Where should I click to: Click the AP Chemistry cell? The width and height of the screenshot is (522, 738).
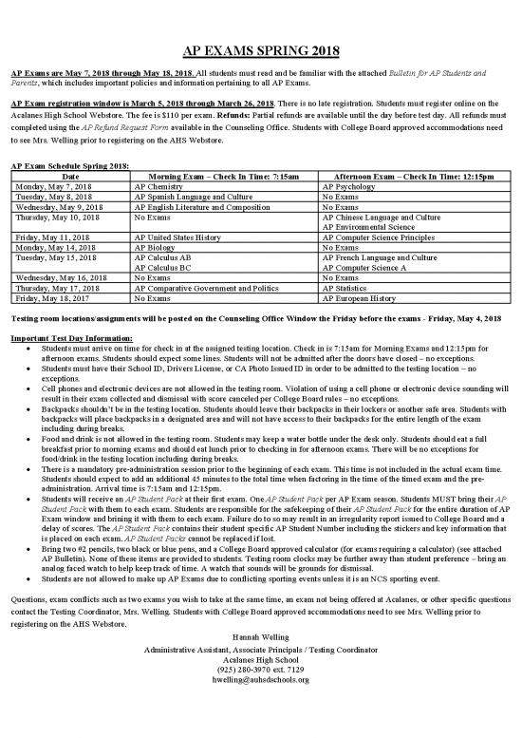158,187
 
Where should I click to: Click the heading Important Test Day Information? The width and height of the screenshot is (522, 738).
71,337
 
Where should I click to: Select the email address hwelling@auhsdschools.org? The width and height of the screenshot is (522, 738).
261,702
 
